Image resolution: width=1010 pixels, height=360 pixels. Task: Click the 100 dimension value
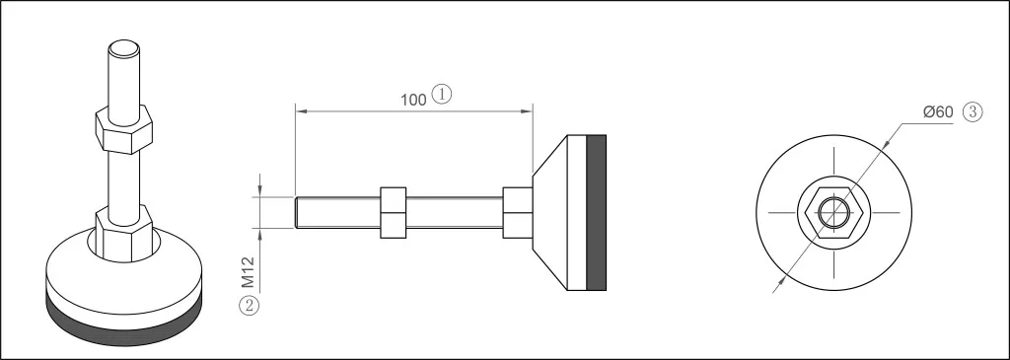(413, 100)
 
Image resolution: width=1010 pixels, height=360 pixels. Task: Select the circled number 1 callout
(442, 95)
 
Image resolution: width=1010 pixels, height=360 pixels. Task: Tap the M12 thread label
(249, 272)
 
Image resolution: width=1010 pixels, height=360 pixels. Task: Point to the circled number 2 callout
(250, 305)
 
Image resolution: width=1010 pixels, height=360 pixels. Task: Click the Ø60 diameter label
(938, 111)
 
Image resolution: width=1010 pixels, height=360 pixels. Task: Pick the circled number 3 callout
(973, 111)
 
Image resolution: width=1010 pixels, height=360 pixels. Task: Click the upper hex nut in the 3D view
(123, 131)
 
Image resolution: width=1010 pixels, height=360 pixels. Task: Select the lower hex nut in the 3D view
(123, 233)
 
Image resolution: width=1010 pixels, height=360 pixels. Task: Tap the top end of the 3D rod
(123, 48)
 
